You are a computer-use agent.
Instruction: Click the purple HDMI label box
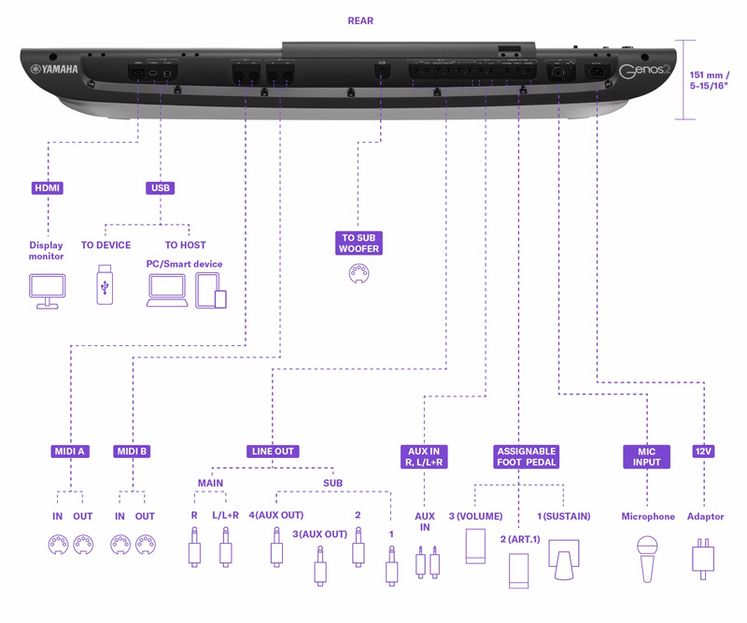tap(48, 187)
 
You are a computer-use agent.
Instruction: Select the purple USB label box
tap(161, 187)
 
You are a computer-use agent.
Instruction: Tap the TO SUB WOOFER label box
tap(359, 243)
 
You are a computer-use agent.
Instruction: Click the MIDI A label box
tap(69, 451)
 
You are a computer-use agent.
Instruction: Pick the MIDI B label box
tap(132, 451)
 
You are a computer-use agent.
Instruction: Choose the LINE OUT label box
tap(273, 451)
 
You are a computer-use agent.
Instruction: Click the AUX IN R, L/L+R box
tap(424, 457)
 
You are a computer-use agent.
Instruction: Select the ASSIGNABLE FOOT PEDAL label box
tap(527, 457)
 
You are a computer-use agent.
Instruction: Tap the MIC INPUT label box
tap(647, 457)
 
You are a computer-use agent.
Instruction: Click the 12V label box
tap(703, 451)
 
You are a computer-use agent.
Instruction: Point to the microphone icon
tap(647, 558)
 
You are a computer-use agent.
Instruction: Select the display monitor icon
tap(47, 291)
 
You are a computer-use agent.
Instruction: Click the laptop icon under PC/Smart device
tap(167, 291)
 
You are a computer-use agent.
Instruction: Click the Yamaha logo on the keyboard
tap(54, 69)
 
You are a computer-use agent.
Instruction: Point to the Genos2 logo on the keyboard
tap(644, 72)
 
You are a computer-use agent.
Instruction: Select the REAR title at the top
tap(360, 21)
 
